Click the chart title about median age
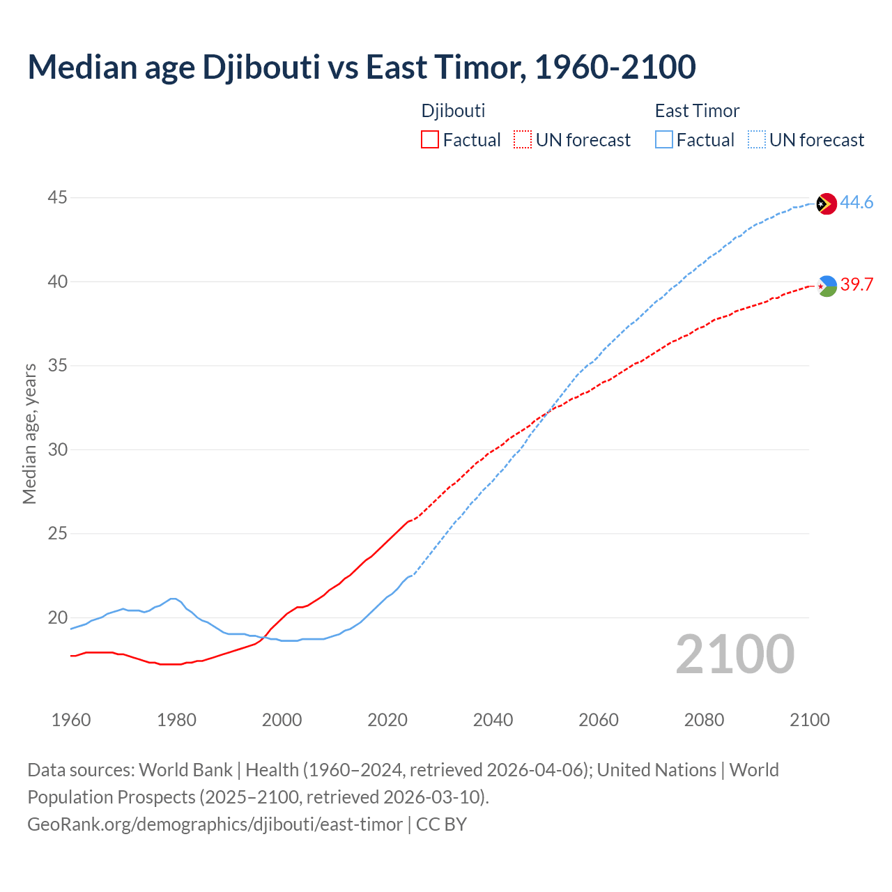click(361, 68)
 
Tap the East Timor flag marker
click(826, 203)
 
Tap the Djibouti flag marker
click(826, 286)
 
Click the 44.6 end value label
click(856, 203)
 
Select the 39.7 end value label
click(856, 285)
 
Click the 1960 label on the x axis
click(71, 720)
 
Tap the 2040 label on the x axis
click(493, 720)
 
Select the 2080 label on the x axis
click(704, 720)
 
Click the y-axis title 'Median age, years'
click(29, 433)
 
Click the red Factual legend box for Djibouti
click(430, 140)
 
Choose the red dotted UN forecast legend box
click(523, 140)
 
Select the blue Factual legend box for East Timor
click(664, 140)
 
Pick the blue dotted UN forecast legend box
click(757, 140)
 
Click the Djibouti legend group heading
click(453, 111)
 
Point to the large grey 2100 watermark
click(735, 654)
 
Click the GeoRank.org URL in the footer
click(215, 824)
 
